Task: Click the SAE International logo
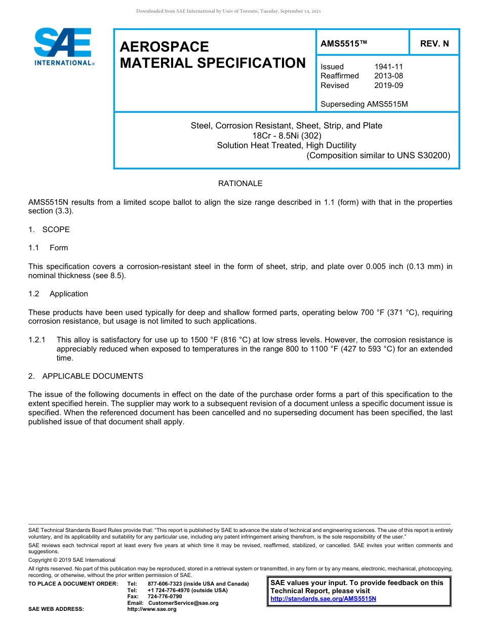(x=63, y=47)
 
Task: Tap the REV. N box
(x=434, y=44)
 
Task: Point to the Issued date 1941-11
(x=388, y=67)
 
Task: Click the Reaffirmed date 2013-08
(x=388, y=76)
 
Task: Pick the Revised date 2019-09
(x=388, y=85)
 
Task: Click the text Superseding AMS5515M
(x=364, y=104)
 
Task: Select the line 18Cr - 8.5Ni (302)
(x=287, y=136)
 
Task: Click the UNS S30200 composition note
(x=378, y=155)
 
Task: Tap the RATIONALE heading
(x=240, y=183)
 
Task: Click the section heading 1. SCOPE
(x=49, y=229)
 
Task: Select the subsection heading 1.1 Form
(x=48, y=248)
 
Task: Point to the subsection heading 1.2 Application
(x=58, y=294)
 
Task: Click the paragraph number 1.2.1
(x=37, y=340)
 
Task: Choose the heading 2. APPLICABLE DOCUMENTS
(x=86, y=376)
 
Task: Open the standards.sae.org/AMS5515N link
(x=323, y=599)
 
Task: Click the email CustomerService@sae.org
(x=183, y=603)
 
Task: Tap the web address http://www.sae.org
(x=151, y=609)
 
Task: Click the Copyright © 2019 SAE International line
(x=72, y=560)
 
